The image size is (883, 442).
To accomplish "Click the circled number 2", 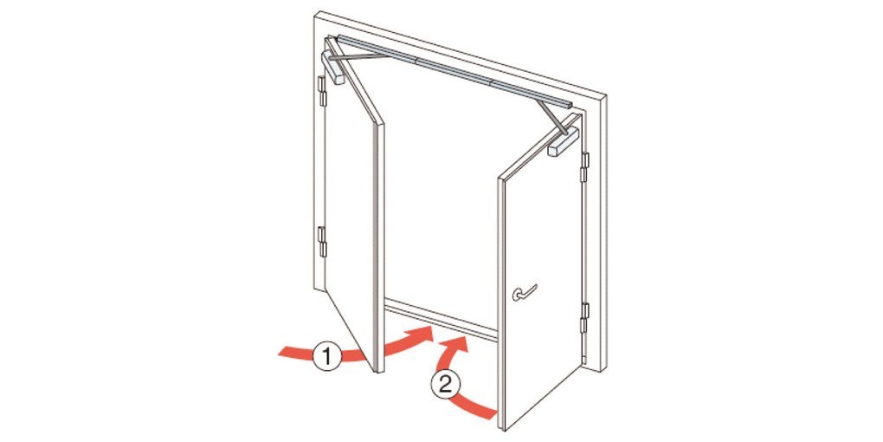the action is [x=446, y=385].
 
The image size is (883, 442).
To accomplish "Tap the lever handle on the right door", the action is [x=524, y=293].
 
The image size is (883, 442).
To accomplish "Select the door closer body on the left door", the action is [x=332, y=67].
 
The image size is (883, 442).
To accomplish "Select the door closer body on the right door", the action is [x=564, y=141].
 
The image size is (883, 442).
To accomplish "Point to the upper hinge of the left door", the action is [x=322, y=91].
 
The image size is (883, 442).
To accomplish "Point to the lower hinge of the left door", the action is [x=322, y=242].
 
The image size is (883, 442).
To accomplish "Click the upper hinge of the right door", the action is [x=584, y=167].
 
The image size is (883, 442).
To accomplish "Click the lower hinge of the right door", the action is [x=584, y=318].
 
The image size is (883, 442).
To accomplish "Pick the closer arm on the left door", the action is [x=357, y=57].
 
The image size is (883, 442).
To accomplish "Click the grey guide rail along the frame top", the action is [x=454, y=70].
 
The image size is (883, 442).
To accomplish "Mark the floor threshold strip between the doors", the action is [x=441, y=320].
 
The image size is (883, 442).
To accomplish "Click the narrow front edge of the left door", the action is [x=380, y=248].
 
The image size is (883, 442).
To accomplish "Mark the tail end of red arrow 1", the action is [x=280, y=352].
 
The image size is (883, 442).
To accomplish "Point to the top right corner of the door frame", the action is [x=607, y=96].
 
